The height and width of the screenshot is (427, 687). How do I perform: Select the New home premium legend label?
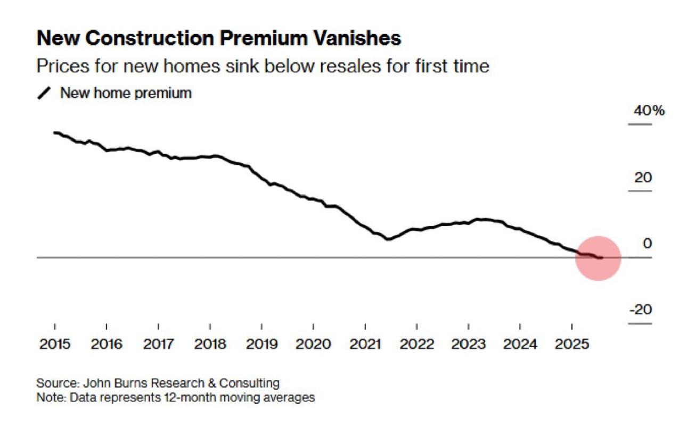(x=126, y=93)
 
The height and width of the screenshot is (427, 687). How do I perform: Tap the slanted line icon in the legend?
(x=45, y=94)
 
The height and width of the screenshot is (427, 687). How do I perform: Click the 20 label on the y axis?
(x=643, y=178)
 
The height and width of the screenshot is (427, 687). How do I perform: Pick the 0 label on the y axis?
(x=647, y=244)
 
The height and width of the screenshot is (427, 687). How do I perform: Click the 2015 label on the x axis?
(x=55, y=344)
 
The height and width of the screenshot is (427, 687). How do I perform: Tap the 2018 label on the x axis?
(x=210, y=344)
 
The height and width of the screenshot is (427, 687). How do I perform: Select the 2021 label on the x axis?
(x=365, y=344)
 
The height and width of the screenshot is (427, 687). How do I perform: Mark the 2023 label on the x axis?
(x=469, y=344)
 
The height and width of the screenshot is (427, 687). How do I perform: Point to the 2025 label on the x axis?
(x=572, y=344)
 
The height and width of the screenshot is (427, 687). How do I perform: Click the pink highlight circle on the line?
(x=598, y=258)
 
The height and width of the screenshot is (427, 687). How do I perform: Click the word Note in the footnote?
(x=47, y=397)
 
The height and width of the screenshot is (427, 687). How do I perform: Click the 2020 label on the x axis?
(x=313, y=344)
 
